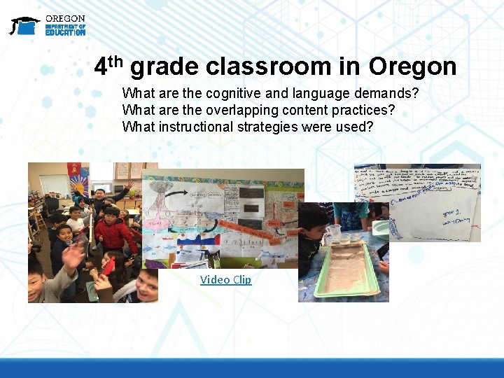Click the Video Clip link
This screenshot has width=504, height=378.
pos(225,280)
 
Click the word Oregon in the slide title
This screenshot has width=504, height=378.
pos(412,66)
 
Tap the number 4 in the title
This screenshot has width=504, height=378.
pos(102,66)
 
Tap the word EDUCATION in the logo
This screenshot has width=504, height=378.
pos(65,32)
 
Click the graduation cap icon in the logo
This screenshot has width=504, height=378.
pos(24,25)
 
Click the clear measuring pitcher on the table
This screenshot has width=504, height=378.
pos(334,234)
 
